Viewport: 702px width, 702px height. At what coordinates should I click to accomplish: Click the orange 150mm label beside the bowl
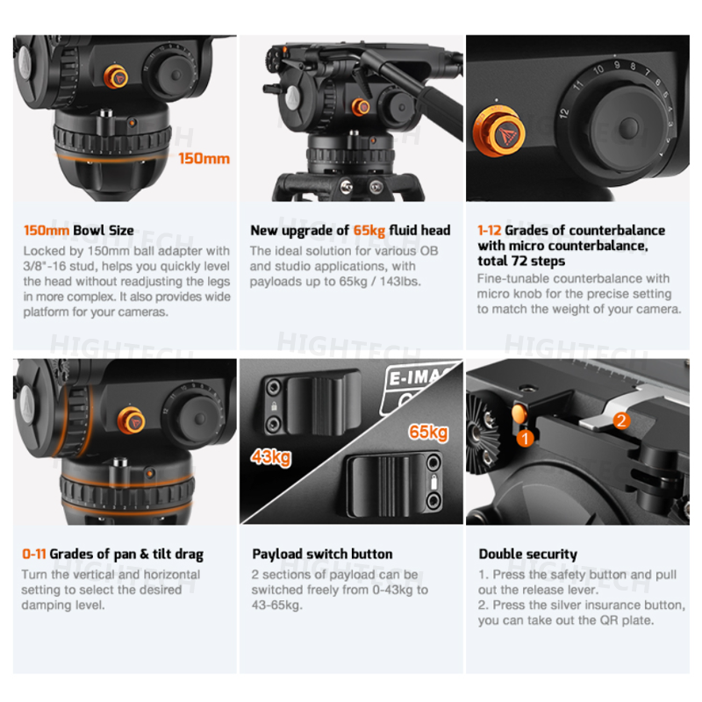pyautogui.click(x=204, y=159)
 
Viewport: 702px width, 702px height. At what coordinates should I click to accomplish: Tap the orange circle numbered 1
pyautogui.click(x=525, y=438)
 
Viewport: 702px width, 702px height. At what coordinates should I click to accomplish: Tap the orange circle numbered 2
pyautogui.click(x=621, y=420)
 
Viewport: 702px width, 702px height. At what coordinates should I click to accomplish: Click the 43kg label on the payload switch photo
pyautogui.click(x=271, y=457)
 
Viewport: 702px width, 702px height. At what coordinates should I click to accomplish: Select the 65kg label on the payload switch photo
pyautogui.click(x=428, y=433)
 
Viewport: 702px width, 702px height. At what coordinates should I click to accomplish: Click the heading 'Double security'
pyautogui.click(x=528, y=555)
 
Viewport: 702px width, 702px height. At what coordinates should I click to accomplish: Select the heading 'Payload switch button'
pyautogui.click(x=322, y=555)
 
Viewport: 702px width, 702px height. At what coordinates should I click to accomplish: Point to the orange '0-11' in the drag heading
pyautogui.click(x=34, y=555)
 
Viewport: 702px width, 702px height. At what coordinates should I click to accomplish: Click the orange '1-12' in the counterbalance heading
pyautogui.click(x=490, y=230)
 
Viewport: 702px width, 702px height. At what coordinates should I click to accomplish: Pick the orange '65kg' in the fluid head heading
pyautogui.click(x=369, y=231)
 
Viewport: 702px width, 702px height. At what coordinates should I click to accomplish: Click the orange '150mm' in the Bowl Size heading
pyautogui.click(x=47, y=230)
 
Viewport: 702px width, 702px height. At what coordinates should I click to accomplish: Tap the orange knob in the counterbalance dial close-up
pyautogui.click(x=499, y=131)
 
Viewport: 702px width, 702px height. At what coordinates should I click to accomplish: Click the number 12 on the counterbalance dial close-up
pyautogui.click(x=563, y=113)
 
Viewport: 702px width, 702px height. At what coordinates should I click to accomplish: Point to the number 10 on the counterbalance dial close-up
pyautogui.click(x=598, y=70)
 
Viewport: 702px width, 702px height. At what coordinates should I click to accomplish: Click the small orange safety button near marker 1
pyautogui.click(x=519, y=413)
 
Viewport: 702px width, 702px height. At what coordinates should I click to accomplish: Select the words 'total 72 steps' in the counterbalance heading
pyautogui.click(x=521, y=261)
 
